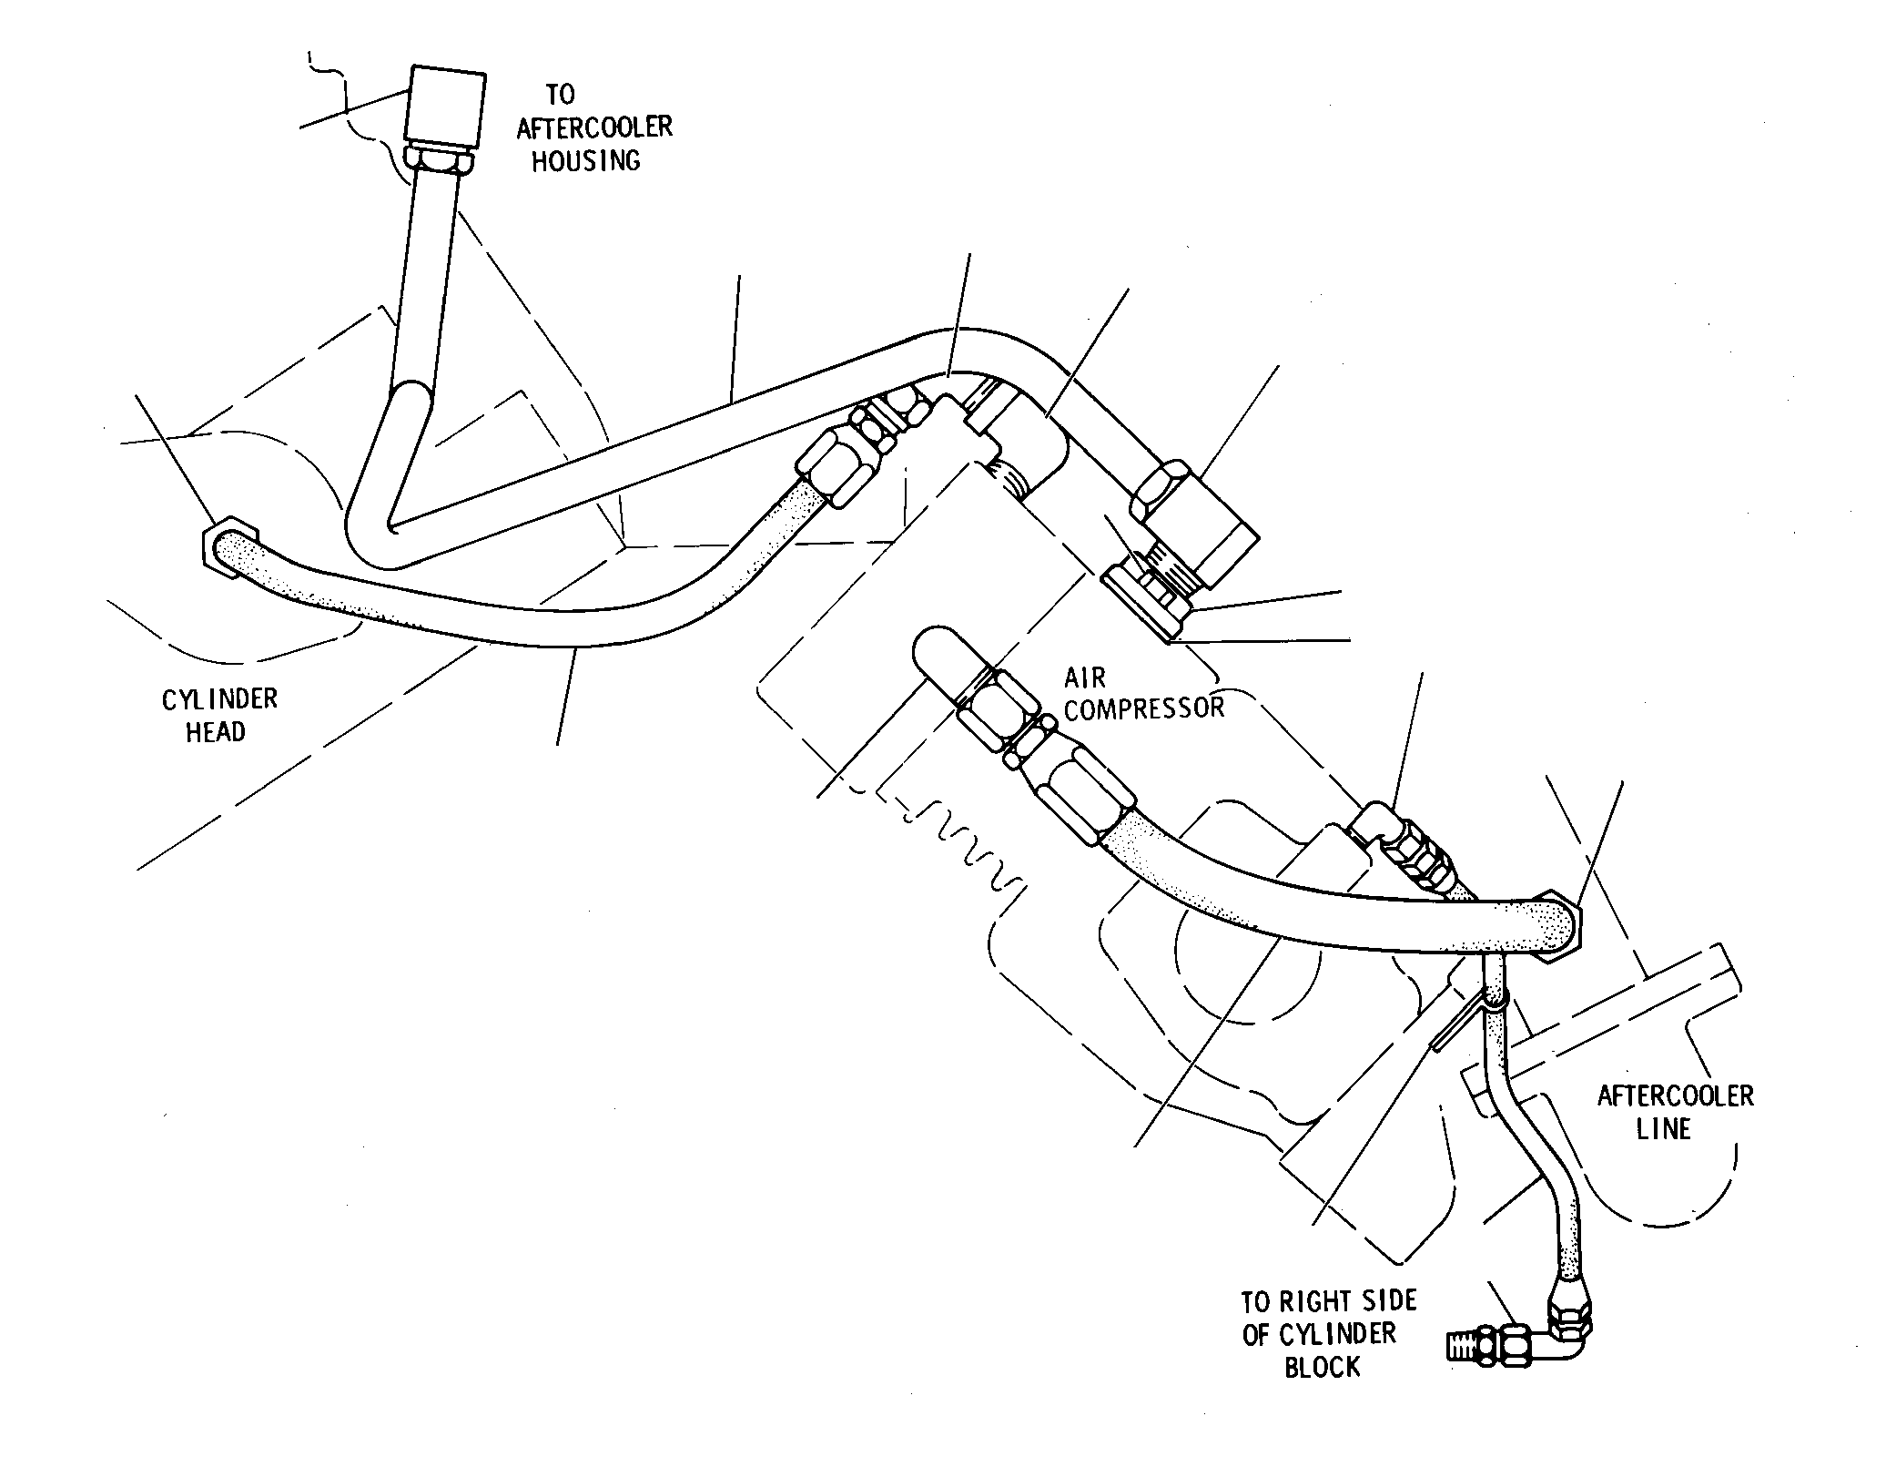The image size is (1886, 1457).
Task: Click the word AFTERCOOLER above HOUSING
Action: [x=594, y=127]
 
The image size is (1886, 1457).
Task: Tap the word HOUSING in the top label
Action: [x=587, y=161]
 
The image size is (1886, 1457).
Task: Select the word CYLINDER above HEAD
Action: [x=219, y=699]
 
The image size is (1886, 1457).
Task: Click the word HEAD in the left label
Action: [x=216, y=732]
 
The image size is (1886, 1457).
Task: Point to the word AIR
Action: [x=1085, y=678]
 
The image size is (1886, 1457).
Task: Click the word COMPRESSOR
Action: [x=1144, y=708]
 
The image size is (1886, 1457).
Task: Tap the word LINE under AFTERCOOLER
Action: [x=1663, y=1129]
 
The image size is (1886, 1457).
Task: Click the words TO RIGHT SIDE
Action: [x=1329, y=1300]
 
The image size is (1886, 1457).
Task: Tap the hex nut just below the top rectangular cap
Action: [x=439, y=162]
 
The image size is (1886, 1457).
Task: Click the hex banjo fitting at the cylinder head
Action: [x=228, y=547]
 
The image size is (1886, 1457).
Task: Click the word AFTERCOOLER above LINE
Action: [x=1675, y=1095]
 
